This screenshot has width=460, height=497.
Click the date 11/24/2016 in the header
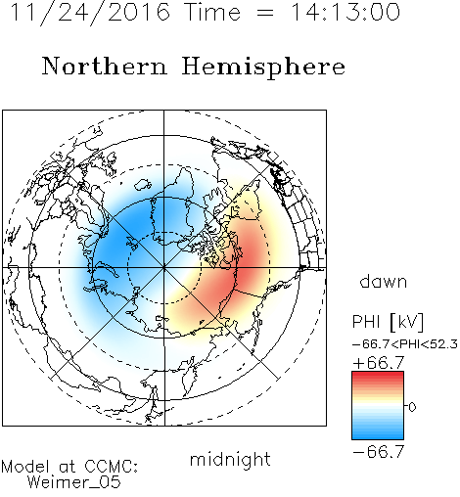90,13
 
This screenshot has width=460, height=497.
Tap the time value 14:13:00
345,12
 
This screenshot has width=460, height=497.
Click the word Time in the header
212,12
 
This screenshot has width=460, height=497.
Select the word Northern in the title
105,66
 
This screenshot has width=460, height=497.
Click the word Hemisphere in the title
263,68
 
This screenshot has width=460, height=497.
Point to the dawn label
384,281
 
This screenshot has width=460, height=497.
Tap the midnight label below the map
230,459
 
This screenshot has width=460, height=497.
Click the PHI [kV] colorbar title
389,322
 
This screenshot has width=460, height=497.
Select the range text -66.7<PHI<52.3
405,344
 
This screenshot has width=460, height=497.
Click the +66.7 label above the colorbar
379,363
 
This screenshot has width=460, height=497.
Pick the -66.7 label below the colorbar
379,452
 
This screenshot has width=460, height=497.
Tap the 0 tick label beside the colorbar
412,407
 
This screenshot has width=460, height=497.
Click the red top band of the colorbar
378,375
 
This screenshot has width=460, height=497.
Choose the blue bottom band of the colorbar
378,435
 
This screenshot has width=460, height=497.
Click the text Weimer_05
74,482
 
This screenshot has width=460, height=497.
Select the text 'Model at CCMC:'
69,467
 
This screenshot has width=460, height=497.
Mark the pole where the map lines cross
164,268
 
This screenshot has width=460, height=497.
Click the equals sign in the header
265,13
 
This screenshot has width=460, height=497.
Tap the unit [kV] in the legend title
407,322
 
